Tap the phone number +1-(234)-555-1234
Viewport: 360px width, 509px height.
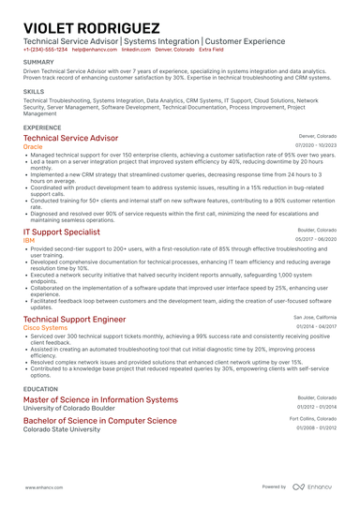point(45,49)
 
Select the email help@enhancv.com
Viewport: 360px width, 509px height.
point(94,49)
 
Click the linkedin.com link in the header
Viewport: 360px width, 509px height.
point(137,49)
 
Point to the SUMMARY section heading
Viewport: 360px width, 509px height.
point(39,63)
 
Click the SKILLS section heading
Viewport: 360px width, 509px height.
point(34,92)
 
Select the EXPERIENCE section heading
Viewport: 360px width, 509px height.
point(43,127)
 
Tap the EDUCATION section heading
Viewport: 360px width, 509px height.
point(40,388)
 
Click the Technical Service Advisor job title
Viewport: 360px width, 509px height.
point(77,138)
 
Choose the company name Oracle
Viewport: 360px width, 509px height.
point(33,147)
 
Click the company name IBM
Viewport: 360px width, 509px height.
point(29,239)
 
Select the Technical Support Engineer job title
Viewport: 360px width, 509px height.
point(74,319)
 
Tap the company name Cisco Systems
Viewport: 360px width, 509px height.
point(44,328)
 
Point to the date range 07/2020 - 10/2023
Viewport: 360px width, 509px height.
point(315,145)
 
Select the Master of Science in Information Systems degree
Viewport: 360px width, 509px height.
point(100,399)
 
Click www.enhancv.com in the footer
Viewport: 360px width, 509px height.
point(43,487)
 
